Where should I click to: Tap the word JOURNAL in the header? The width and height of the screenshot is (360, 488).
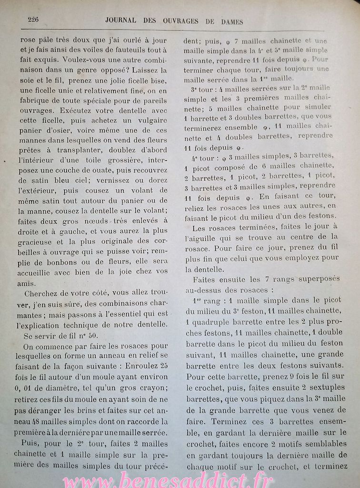tap(120, 20)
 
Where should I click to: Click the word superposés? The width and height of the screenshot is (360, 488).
tap(306, 280)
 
